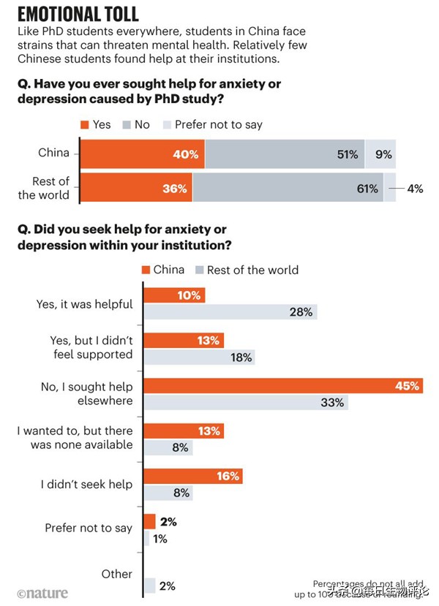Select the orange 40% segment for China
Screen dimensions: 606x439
(x=143, y=154)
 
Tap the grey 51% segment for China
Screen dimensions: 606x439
(x=285, y=154)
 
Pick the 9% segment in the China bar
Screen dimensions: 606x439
(x=380, y=154)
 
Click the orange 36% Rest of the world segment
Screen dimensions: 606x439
(x=136, y=188)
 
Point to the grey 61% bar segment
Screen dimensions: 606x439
(x=288, y=188)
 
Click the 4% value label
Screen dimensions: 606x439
(x=415, y=189)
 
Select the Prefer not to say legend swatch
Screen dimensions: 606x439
(x=168, y=125)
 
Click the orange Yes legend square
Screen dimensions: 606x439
(x=85, y=125)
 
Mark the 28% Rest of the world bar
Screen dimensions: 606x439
(x=230, y=312)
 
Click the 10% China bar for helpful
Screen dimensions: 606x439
(x=174, y=295)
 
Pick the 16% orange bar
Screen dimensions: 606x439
(x=192, y=477)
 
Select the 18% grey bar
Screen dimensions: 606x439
(x=199, y=357)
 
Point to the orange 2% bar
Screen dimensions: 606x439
(x=149, y=521)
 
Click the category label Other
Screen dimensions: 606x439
(x=117, y=575)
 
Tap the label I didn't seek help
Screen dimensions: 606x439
(x=86, y=484)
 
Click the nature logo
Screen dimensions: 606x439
(x=42, y=594)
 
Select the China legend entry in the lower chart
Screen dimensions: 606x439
(x=162, y=270)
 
